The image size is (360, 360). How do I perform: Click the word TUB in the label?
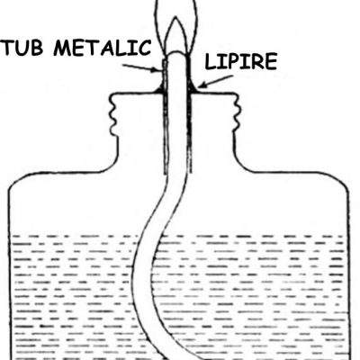(x=22, y=48)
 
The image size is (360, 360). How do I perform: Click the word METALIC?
(x=103, y=48)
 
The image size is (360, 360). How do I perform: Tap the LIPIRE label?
(x=241, y=61)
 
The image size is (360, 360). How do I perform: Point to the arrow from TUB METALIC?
(x=142, y=67)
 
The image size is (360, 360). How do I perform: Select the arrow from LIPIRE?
(x=214, y=82)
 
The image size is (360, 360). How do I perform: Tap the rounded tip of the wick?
(x=177, y=53)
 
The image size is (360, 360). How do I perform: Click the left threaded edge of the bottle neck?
(x=114, y=115)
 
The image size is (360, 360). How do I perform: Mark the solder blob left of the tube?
(x=159, y=89)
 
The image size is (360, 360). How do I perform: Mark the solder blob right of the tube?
(x=193, y=89)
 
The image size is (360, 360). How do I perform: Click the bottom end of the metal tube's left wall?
(x=166, y=174)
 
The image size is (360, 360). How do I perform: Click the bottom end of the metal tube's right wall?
(x=190, y=174)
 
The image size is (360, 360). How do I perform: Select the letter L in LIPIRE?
(x=211, y=61)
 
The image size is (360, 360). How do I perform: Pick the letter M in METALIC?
(x=63, y=48)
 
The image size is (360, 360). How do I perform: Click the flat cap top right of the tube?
(x=214, y=94)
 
